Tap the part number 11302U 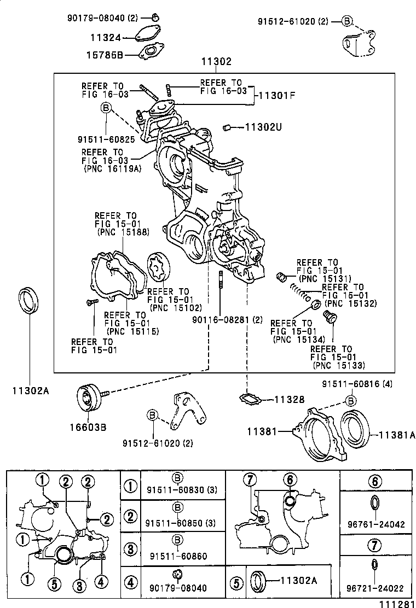263,127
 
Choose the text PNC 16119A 112,168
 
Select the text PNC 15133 338,365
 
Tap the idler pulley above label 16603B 89,397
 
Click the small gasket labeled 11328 250,399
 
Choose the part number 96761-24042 375,524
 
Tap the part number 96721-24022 375,588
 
